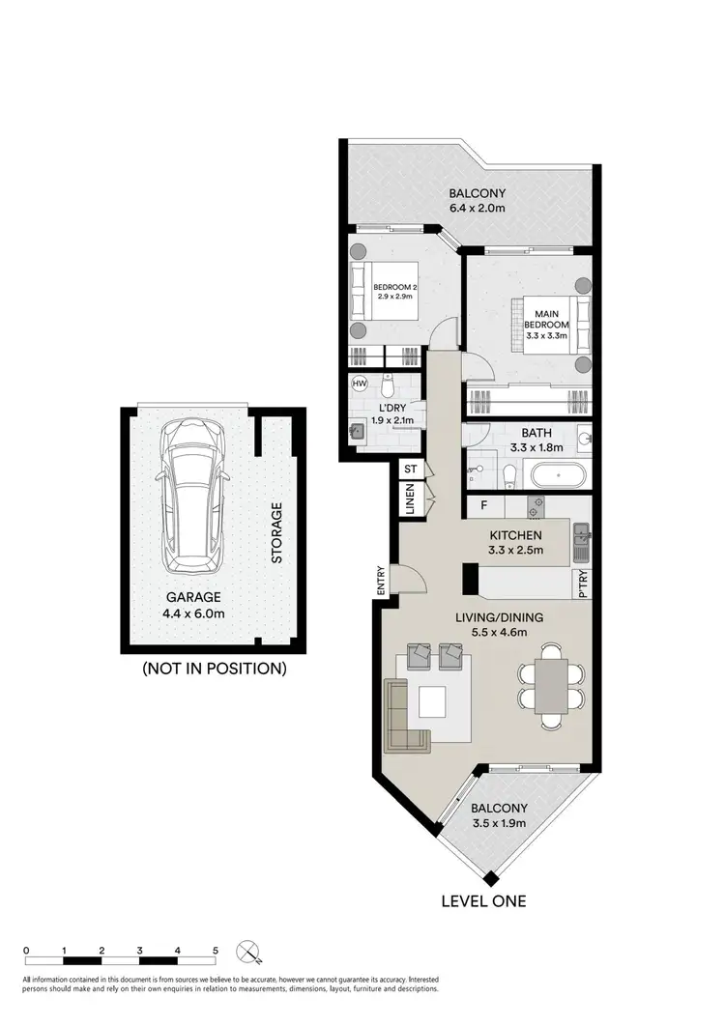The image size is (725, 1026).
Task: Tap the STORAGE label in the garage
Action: click(x=276, y=532)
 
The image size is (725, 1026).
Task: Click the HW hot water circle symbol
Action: click(x=361, y=384)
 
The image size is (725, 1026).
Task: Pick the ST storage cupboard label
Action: click(x=410, y=469)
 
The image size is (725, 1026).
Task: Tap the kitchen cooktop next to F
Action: click(x=536, y=504)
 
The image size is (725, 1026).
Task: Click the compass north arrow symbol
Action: click(x=249, y=951)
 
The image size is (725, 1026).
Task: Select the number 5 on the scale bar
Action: click(x=215, y=951)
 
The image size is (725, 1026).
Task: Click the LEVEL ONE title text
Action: click(x=482, y=900)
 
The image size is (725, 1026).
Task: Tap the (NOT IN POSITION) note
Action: click(x=214, y=668)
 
